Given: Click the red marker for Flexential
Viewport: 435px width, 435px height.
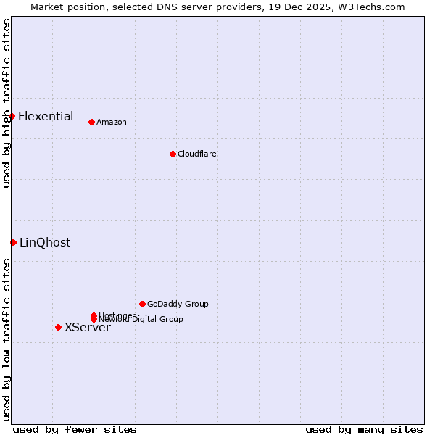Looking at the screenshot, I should coord(12,116).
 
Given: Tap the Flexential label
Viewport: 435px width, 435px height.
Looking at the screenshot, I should coord(46,116).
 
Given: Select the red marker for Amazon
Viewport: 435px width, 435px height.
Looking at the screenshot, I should coord(91,122).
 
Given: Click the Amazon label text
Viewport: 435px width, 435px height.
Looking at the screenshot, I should coord(112,122).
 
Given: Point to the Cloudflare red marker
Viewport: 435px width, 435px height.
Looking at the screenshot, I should coord(173,154).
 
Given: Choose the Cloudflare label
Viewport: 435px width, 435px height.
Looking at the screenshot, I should coord(197,154).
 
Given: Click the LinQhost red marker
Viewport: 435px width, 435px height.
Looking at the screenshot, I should coord(13,242).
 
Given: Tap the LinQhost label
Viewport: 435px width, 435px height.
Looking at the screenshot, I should coord(45,242).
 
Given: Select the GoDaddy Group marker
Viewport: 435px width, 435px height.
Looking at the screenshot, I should coord(142,304).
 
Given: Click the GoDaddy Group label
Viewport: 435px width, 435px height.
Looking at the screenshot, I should coord(178,304).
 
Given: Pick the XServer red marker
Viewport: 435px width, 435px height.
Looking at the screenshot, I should coord(58,327).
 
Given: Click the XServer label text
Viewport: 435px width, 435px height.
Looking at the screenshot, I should coord(88,327).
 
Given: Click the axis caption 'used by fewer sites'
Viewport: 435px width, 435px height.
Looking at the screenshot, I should coord(75,429).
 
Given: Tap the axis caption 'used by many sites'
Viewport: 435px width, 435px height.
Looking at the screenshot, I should coord(364,429).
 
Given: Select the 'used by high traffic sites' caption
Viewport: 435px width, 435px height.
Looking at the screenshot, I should coord(7,103).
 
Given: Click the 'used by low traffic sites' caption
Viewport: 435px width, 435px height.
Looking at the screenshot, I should coord(7,339).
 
